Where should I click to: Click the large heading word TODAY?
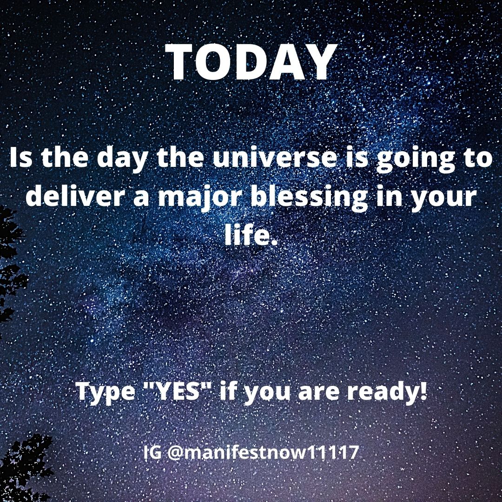251,63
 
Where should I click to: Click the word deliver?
81,197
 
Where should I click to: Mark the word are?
316,393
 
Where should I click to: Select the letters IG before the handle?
152,452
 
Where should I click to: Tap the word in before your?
390,197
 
